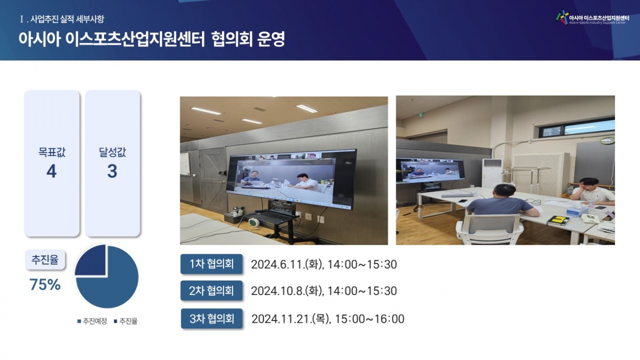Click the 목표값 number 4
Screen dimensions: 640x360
pyautogui.click(x=51, y=171)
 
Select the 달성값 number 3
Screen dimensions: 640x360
pyautogui.click(x=113, y=171)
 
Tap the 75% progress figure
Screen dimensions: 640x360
pyautogui.click(x=45, y=285)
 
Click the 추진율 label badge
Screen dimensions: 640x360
pyautogui.click(x=45, y=260)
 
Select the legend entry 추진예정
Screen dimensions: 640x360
pyautogui.click(x=92, y=322)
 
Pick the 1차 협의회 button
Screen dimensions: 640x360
pyautogui.click(x=211, y=263)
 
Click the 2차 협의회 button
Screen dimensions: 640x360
pyautogui.click(x=211, y=291)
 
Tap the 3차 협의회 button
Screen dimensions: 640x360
pyautogui.click(x=212, y=318)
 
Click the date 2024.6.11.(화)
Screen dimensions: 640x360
pyautogui.click(x=287, y=265)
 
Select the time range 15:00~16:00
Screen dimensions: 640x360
pyautogui.click(x=370, y=319)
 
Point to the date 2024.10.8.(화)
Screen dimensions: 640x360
pyautogui.click(x=287, y=291)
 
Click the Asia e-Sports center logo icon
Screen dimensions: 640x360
pyautogui.click(x=562, y=18)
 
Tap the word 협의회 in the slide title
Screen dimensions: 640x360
pyautogui.click(x=232, y=39)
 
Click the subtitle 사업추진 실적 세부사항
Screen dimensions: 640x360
pyautogui.click(x=67, y=19)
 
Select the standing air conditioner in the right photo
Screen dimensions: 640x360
pyautogui.click(x=492, y=173)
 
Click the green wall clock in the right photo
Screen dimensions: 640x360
pyautogui.click(x=607, y=140)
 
